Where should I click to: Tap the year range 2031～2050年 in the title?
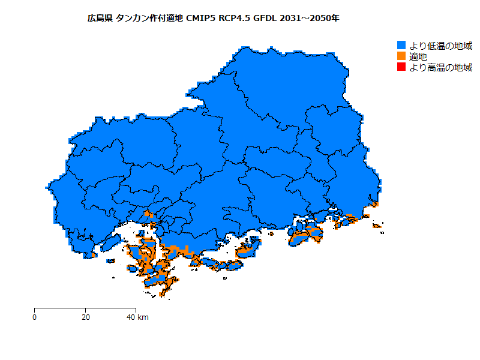[310, 19]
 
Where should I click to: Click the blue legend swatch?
[401, 46]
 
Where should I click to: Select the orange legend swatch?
[401, 56]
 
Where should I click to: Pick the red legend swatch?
[401, 67]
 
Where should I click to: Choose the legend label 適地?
[418, 56]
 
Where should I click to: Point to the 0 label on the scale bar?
[35, 317]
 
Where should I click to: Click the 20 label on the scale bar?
[85, 317]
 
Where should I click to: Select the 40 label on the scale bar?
[131, 317]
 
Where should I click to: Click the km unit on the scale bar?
[143, 317]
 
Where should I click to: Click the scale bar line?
[60, 308]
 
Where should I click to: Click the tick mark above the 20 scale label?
[85, 310]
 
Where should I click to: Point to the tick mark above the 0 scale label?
[35, 310]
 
